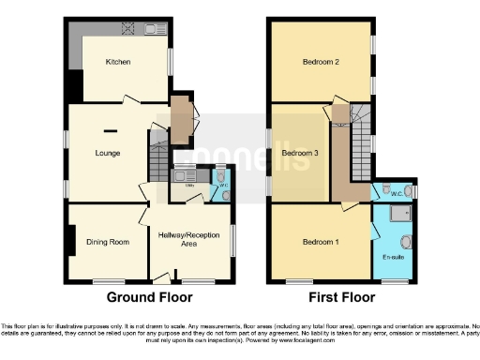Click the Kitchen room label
point(117,62)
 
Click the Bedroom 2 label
point(320,62)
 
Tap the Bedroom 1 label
point(321,242)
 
